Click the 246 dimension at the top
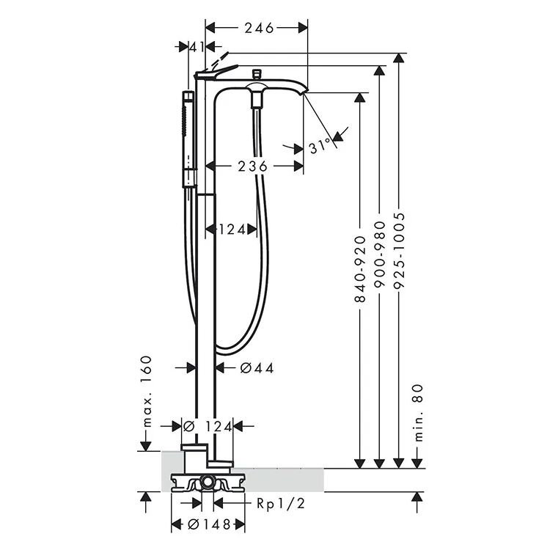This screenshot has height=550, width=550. pos(259,28)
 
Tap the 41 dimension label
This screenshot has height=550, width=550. pos(197,46)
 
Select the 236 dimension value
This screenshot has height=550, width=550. pos(252,166)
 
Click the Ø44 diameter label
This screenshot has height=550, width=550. pos(257,368)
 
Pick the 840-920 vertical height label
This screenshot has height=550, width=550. pos(360,269)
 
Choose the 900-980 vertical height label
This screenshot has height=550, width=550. pos(380,254)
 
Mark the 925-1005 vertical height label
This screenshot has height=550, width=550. pos(399,251)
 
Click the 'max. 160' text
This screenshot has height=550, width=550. pos(147,391)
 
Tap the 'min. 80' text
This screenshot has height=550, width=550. pos(419,413)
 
